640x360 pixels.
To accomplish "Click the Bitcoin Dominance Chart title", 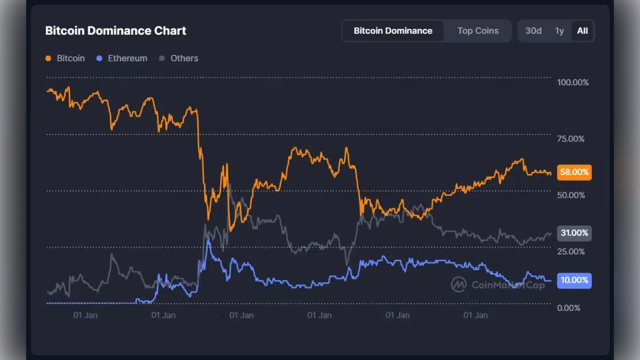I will (116, 31).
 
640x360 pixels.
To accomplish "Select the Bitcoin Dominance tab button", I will (393, 31).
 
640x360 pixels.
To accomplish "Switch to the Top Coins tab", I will (478, 31).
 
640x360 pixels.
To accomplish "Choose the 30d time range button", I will (533, 31).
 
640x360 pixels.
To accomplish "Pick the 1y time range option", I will (559, 31).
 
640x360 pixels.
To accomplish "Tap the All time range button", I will (582, 31).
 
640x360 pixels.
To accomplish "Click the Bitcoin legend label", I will (70, 58).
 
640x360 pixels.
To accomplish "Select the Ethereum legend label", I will (127, 58).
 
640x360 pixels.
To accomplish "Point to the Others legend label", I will (184, 58).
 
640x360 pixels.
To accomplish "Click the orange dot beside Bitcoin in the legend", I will (49, 59).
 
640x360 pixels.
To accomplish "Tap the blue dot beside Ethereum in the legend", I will (100, 59).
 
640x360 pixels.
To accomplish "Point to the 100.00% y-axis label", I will (573, 83).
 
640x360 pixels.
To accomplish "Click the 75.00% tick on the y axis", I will (571, 139).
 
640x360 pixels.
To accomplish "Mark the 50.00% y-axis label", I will (571, 195).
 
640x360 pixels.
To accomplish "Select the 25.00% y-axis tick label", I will (571, 252).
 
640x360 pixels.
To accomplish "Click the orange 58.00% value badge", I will (574, 172).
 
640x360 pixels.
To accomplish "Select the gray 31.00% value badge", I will (574, 233).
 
